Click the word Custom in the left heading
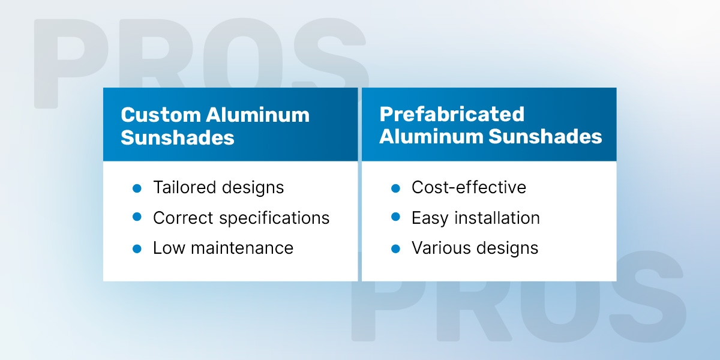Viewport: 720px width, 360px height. pos(161,115)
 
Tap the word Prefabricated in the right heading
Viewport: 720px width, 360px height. pos(452,114)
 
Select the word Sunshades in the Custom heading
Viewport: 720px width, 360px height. pos(178,137)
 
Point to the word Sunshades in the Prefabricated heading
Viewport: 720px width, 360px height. pos(545,136)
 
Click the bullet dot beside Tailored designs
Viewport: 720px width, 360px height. pos(137,188)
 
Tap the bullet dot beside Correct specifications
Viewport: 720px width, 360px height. pos(137,217)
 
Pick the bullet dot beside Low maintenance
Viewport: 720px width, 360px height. pos(137,249)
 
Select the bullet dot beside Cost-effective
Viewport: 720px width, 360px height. pos(395,188)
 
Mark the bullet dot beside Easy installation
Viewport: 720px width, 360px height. pos(395,217)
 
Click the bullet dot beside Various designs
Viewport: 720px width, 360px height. pos(395,249)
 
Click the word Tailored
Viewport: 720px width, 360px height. pos(185,187)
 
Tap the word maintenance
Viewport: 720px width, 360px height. pos(242,248)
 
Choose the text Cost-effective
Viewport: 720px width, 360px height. pos(469,187)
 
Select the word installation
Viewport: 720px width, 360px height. pos(497,218)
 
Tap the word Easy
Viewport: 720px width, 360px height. pos(430,218)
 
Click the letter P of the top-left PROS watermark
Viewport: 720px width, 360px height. pos(71,64)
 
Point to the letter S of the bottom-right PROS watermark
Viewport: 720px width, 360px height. pos(647,296)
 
